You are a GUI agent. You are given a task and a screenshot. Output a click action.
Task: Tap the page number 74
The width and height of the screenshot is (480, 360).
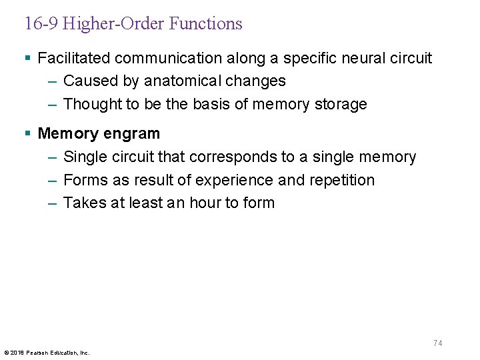(x=437, y=343)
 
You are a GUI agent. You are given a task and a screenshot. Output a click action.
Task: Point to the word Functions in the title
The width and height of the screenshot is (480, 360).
(x=206, y=24)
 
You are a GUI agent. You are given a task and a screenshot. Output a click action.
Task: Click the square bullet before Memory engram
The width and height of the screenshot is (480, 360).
(x=27, y=133)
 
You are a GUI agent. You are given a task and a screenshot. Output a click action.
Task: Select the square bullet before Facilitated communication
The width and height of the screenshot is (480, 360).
(x=27, y=58)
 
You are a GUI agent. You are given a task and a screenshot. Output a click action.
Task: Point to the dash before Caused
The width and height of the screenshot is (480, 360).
(x=53, y=81)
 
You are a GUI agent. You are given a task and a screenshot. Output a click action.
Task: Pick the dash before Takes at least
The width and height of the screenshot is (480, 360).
(x=53, y=203)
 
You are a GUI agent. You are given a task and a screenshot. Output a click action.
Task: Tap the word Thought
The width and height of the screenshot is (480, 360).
(x=89, y=105)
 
